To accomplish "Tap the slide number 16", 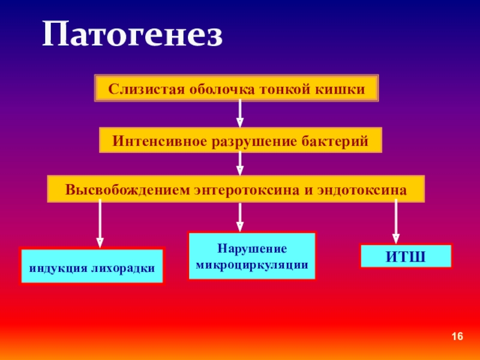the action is point(458,337).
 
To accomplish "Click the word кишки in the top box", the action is point(346,89).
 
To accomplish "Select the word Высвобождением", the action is point(128,189).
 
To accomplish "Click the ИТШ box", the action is point(405,256).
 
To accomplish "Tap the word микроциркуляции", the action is point(252,263).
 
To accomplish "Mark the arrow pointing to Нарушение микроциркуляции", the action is point(240,217).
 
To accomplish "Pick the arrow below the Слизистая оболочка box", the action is point(240,113).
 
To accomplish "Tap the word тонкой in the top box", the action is point(284,89).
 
